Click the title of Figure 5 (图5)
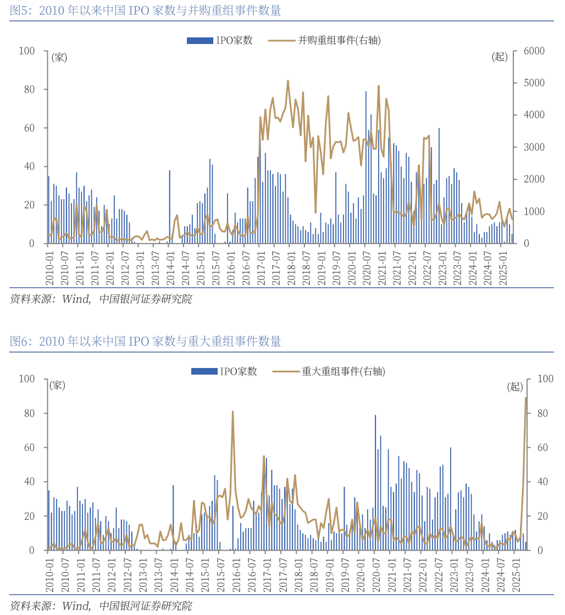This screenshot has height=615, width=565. (146, 10)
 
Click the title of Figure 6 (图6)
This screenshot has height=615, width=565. (146, 342)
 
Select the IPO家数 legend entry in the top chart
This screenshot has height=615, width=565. (219, 40)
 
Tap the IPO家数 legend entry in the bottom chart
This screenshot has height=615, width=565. (224, 371)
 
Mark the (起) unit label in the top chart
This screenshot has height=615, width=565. (500, 57)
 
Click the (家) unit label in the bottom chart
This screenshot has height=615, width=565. (58, 385)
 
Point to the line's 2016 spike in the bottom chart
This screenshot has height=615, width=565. (232, 412)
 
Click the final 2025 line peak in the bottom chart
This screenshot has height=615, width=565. (525, 398)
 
